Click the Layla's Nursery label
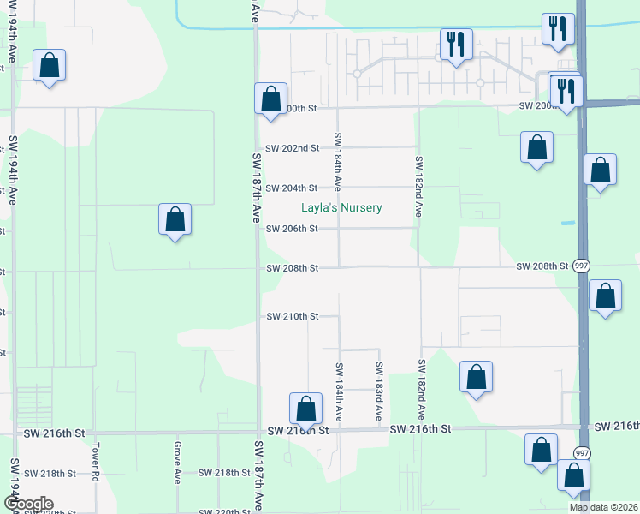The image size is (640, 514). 341,208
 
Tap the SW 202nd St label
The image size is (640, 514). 292,148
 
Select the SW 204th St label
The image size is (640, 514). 292,188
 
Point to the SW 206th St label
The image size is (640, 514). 292,229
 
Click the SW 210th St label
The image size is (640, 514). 292,317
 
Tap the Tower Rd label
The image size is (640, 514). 98,462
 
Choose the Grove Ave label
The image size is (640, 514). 177,463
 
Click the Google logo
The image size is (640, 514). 27,504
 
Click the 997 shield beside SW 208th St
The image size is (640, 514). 582,266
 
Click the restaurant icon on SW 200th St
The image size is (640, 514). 566,89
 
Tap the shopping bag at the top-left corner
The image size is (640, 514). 50,65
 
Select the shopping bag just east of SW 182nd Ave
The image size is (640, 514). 476,377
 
